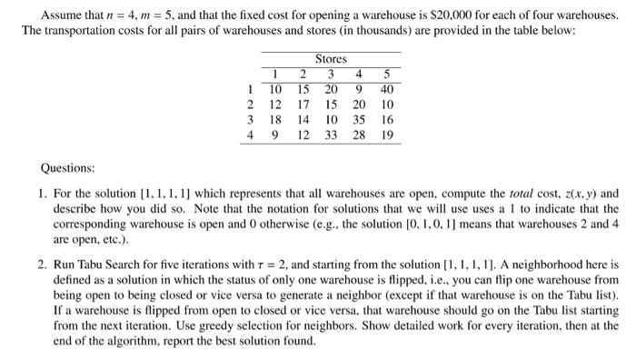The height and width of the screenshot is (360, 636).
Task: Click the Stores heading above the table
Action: click(x=331, y=58)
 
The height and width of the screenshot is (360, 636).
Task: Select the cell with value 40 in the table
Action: click(x=388, y=89)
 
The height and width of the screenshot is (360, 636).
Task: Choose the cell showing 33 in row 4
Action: click(x=332, y=135)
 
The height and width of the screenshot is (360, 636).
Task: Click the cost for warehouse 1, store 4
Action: click(x=362, y=89)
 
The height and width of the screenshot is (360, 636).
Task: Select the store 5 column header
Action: click(x=388, y=74)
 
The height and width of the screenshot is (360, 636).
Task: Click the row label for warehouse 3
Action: click(x=250, y=120)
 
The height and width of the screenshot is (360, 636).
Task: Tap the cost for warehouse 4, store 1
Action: click(x=276, y=135)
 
